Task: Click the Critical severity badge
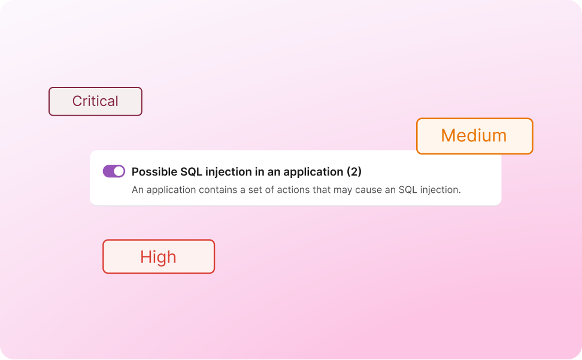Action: click(95, 101)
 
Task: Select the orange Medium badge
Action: click(474, 135)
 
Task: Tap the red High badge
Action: click(158, 257)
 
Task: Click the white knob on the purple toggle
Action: click(119, 171)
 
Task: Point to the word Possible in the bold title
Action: click(154, 172)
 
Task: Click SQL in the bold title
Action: click(192, 172)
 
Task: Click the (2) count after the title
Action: click(354, 172)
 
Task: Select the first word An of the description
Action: click(137, 190)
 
